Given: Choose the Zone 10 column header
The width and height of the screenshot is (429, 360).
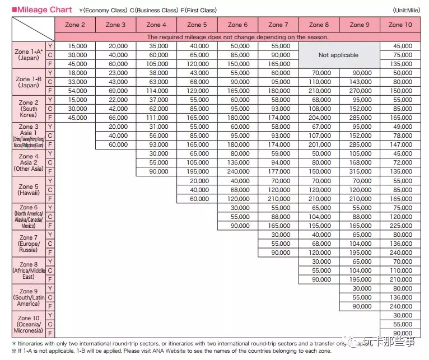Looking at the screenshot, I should click(x=400, y=25).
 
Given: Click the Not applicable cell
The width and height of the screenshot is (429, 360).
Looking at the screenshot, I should click(x=338, y=55).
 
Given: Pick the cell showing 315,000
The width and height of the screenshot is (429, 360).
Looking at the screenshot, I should click(x=361, y=171).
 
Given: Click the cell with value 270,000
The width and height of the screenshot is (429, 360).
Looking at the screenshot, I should click(x=361, y=91).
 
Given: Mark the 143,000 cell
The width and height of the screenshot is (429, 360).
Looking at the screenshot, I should click(x=361, y=82).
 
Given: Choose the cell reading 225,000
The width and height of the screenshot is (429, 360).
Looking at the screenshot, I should click(x=400, y=226).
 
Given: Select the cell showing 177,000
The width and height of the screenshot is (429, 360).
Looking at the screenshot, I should click(x=278, y=171).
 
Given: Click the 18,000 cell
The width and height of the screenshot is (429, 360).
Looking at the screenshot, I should click(x=76, y=73).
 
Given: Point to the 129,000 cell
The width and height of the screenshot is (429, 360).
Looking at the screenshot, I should click(x=197, y=91).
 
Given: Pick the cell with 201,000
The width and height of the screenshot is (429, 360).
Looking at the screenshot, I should click(x=319, y=144).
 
